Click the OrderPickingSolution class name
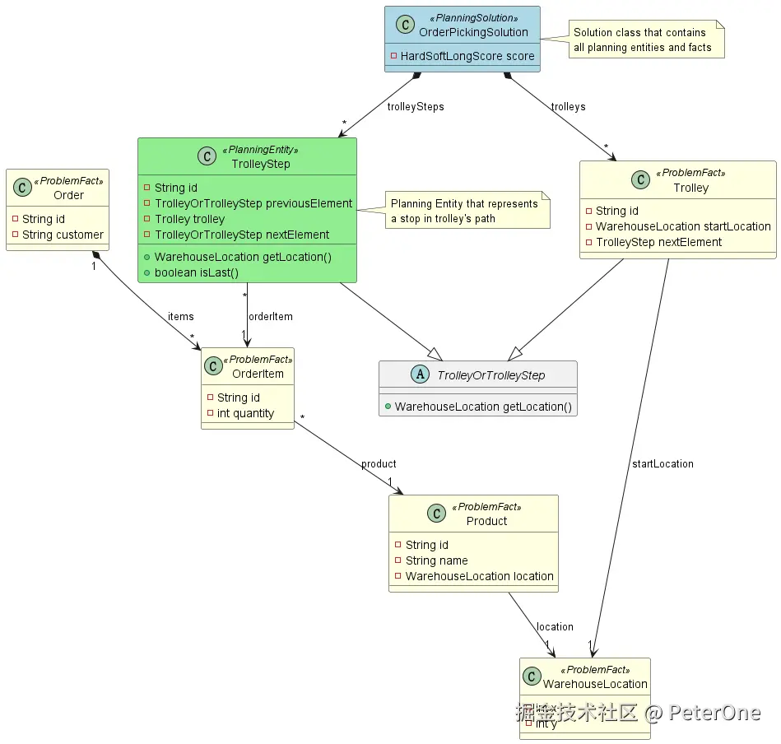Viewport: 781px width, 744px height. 473,32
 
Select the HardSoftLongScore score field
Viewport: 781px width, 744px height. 467,56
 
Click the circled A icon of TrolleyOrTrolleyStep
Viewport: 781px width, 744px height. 420,375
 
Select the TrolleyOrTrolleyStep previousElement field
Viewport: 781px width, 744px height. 253,203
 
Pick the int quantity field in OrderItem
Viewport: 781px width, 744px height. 244,413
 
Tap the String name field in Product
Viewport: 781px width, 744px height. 436,560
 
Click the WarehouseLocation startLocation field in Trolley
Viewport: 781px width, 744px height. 682,226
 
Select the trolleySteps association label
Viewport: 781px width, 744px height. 415,107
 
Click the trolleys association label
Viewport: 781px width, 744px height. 568,107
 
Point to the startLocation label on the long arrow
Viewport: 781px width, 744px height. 662,464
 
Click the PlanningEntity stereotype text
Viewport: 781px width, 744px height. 260,151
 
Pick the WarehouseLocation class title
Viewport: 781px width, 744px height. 595,684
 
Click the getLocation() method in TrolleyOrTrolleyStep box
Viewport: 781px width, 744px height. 482,407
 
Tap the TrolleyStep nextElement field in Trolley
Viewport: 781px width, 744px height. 658,242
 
